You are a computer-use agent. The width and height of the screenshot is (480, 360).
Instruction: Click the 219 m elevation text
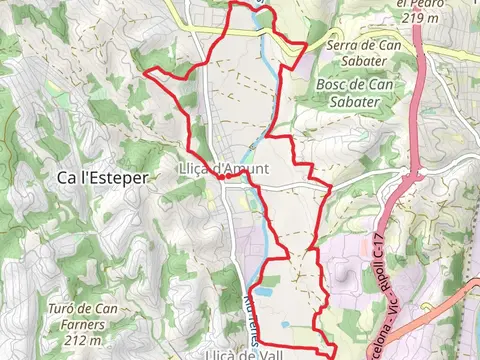[417, 19]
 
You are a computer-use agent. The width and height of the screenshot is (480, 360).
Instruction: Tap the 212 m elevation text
[79, 341]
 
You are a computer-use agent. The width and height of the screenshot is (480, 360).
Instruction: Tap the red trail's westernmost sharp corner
[148, 72]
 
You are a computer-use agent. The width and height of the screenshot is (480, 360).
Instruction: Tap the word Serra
[350, 45]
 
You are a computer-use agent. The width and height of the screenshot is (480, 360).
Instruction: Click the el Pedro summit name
[419, 4]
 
